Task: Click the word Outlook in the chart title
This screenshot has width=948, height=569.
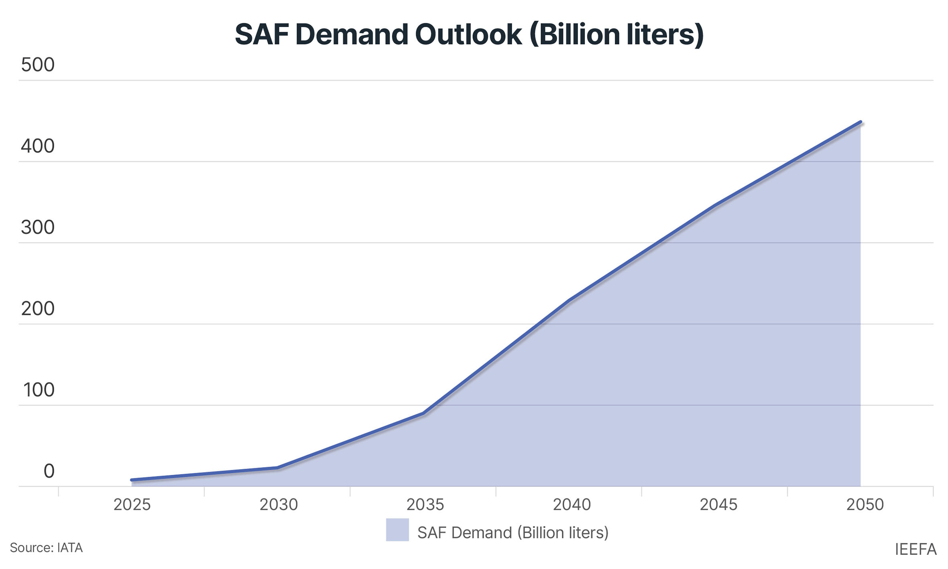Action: point(468,34)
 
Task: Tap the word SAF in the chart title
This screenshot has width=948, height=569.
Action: point(261,34)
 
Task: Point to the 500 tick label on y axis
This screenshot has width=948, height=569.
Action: point(38,65)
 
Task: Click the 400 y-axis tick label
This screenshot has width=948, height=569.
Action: point(38,146)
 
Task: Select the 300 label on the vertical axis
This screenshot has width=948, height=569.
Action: point(38,227)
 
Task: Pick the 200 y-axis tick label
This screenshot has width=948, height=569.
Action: point(38,309)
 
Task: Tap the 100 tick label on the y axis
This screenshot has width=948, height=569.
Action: point(39,390)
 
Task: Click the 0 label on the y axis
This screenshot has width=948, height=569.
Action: point(49,471)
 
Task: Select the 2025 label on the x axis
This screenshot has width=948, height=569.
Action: point(132,504)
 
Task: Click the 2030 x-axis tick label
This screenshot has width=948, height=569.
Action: point(278,504)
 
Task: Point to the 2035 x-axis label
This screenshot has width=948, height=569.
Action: point(425,504)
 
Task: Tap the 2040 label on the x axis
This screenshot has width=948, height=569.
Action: point(572,504)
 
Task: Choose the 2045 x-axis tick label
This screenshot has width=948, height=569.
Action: point(718,504)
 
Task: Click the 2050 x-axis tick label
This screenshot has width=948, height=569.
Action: point(865,504)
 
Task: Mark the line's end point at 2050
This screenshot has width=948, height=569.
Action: point(861,122)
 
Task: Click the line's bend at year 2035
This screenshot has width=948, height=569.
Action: point(423,413)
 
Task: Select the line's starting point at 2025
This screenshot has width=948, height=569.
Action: point(132,480)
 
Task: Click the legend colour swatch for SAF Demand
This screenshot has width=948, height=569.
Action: point(397,530)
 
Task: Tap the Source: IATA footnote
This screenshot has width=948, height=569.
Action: point(46,548)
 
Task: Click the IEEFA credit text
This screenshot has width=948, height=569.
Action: point(915,549)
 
